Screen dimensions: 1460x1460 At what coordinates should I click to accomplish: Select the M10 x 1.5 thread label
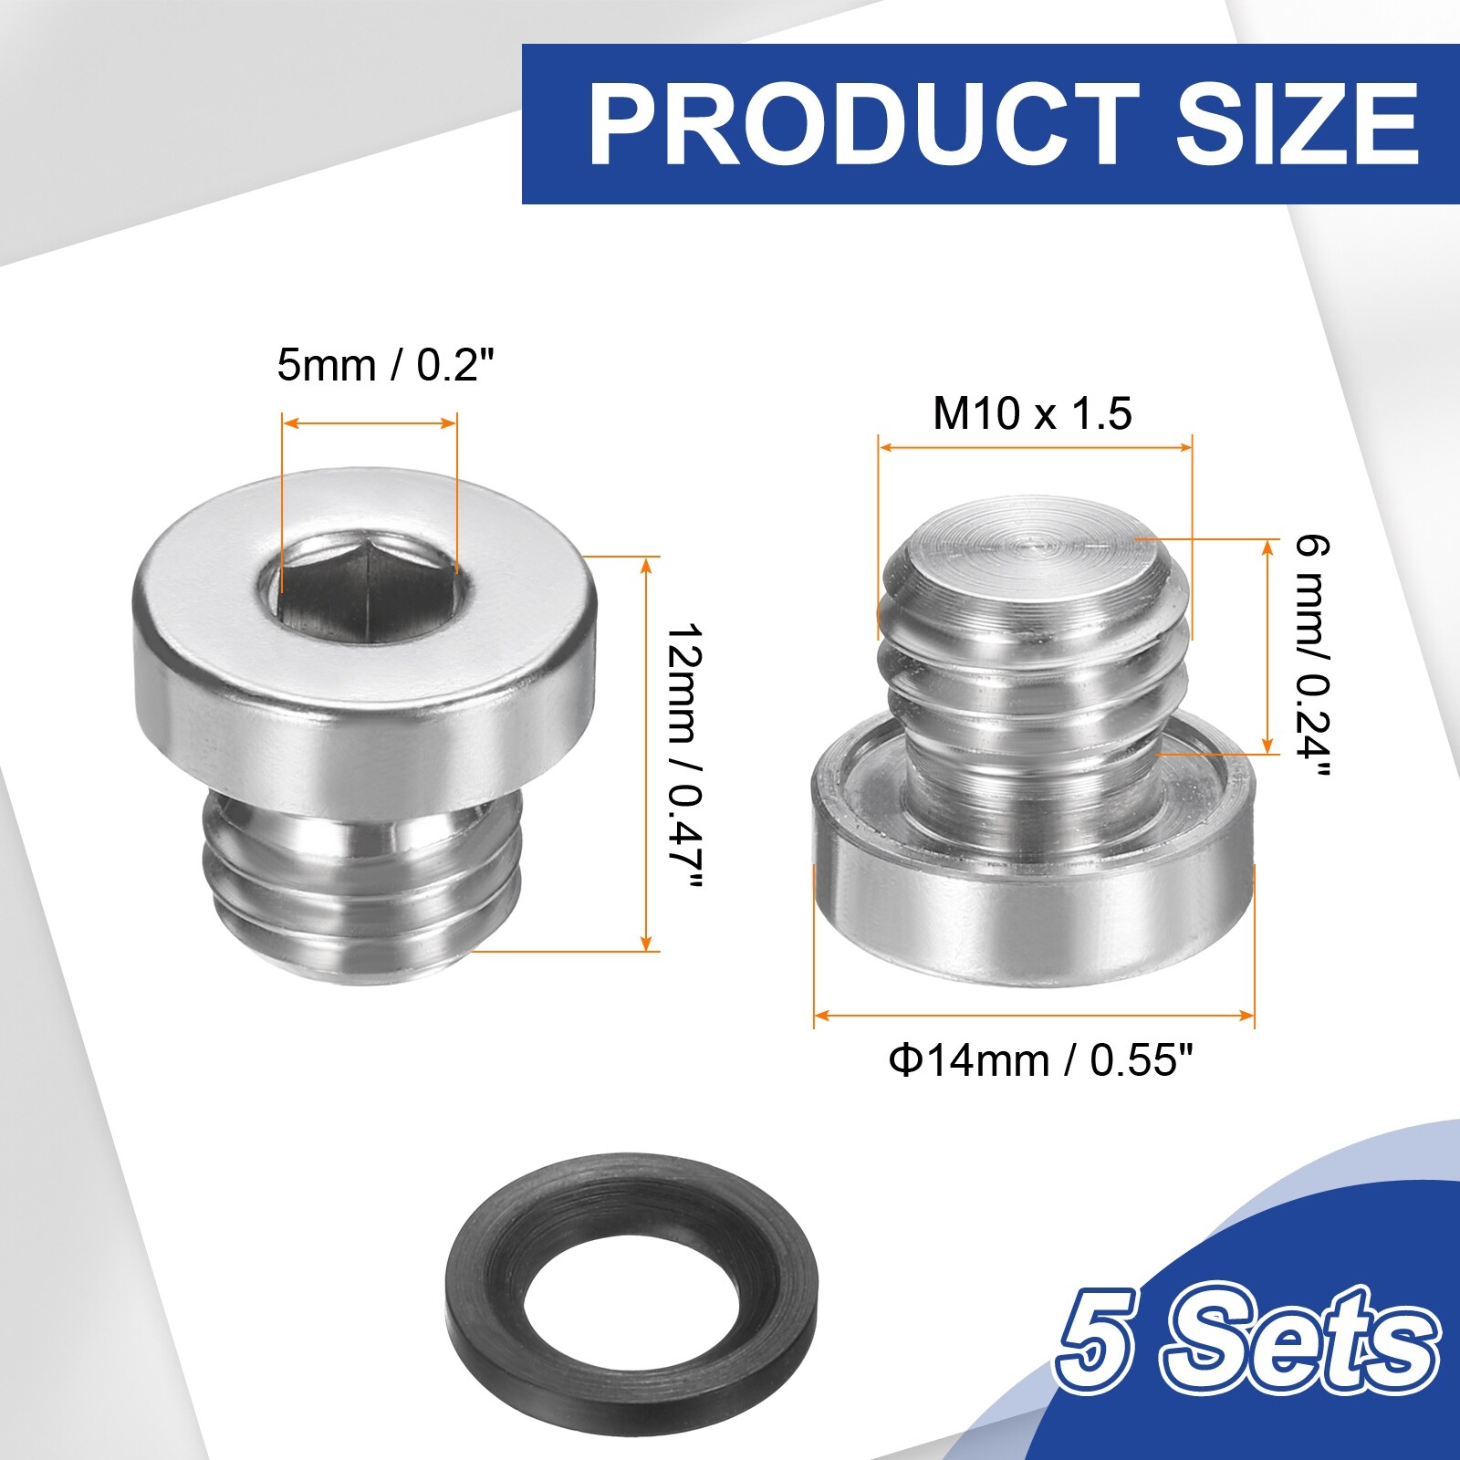[1032, 412]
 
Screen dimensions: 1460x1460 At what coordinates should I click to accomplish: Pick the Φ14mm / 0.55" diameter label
[1041, 1060]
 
